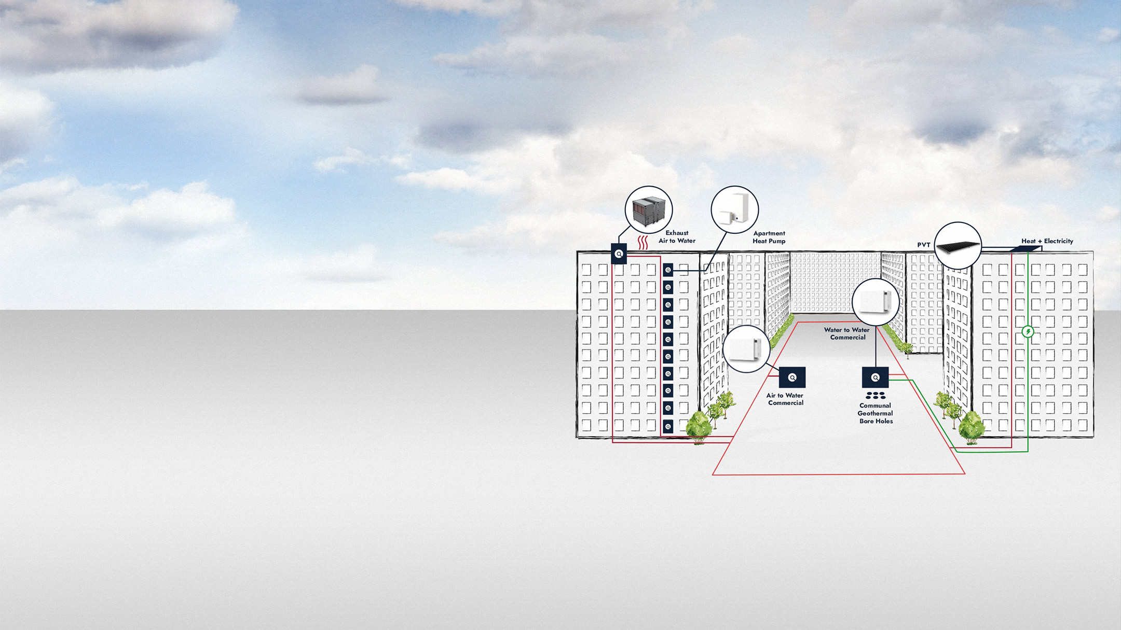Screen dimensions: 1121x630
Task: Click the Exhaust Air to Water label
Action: click(677, 237)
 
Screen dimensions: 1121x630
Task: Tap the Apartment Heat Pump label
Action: click(769, 237)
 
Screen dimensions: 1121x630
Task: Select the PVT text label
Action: click(924, 245)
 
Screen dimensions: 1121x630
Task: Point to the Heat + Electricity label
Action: click(1047, 241)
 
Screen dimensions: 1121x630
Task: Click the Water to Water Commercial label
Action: click(847, 333)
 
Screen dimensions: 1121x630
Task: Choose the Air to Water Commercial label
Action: click(785, 399)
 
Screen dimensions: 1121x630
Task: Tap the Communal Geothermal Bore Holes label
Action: click(876, 413)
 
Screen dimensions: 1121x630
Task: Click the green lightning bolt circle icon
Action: click(1028, 331)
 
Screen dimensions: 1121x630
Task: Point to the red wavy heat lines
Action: click(643, 242)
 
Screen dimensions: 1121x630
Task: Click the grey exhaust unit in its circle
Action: click(649, 210)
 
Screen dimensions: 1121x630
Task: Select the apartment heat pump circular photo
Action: click(734, 210)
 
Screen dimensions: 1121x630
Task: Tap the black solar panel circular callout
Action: click(958, 246)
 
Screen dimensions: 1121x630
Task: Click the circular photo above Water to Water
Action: click(876, 302)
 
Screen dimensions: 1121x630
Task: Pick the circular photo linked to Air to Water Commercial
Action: click(746, 349)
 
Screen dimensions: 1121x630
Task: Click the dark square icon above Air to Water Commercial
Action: click(792, 377)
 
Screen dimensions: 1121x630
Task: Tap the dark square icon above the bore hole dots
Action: click(875, 377)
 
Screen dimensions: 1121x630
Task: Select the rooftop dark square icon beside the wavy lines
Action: click(619, 254)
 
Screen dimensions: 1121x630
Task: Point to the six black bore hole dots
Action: click(876, 396)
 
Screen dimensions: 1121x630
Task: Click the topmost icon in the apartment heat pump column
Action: click(668, 270)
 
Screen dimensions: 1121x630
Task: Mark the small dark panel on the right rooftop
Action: click(1025, 249)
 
